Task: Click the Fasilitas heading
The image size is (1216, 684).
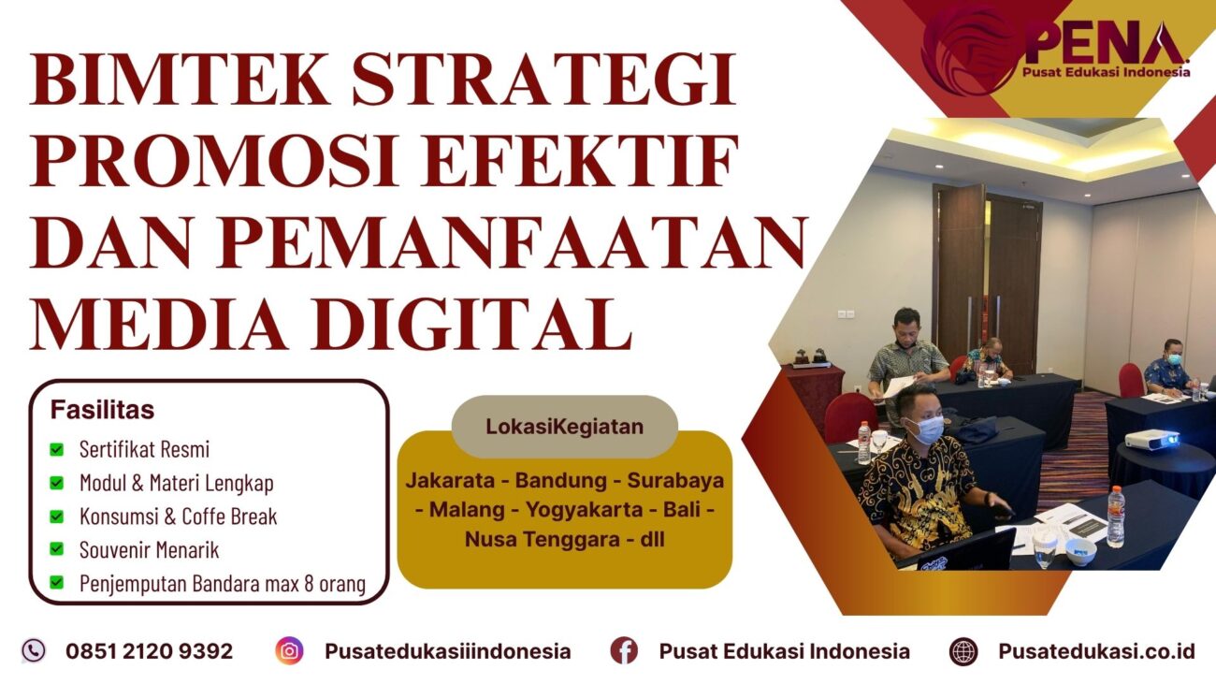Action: click(x=102, y=410)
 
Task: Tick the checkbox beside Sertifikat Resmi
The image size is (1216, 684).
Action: click(x=57, y=449)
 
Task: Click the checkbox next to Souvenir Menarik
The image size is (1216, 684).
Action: click(x=57, y=549)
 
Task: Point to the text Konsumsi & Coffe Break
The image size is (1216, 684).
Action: click(x=178, y=516)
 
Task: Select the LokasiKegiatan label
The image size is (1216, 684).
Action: click(x=564, y=427)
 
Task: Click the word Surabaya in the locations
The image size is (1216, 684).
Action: click(x=675, y=481)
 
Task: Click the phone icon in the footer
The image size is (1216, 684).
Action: click(x=34, y=650)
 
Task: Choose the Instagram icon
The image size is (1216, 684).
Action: click(x=289, y=650)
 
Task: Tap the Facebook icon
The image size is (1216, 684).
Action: click(x=624, y=650)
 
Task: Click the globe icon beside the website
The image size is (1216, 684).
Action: click(x=963, y=650)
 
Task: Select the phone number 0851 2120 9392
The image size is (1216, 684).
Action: click(x=149, y=651)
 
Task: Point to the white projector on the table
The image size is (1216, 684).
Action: click(x=1150, y=439)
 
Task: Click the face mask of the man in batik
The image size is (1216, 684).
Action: click(x=926, y=429)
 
